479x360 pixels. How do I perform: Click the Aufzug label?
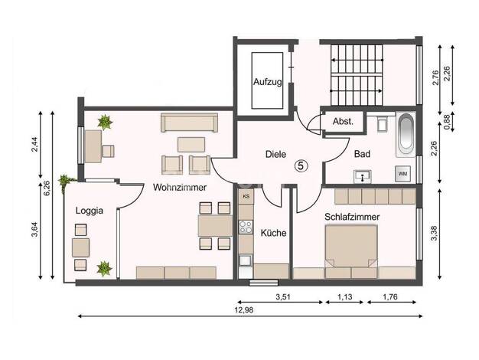coord(268,82)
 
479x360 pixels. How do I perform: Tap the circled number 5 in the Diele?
coord(301,166)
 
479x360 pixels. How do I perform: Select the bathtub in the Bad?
coord(406,135)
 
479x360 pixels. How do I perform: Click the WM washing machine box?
coord(402,174)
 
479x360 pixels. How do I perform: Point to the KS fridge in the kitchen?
coord(246,196)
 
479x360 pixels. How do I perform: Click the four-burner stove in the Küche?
coord(246,227)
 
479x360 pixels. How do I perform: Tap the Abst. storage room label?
coord(343,122)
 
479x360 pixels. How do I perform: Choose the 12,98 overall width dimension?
coord(244,310)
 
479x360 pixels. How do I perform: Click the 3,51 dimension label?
coord(283,296)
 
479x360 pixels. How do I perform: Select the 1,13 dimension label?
coord(345,296)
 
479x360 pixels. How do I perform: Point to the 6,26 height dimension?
coord(47,190)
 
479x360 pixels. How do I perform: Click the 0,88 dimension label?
coord(448,122)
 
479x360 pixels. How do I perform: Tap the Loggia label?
coord(90,211)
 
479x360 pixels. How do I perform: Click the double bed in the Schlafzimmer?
coord(351,247)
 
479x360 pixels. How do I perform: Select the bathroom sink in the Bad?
coord(363,176)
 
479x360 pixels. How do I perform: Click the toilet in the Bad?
coord(382,123)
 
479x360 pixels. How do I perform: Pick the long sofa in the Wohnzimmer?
coord(190,123)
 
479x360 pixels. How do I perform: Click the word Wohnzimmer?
coord(180,188)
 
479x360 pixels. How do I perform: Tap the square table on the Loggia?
coord(80,247)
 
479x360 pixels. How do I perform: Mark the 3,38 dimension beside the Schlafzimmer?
coord(435,234)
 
